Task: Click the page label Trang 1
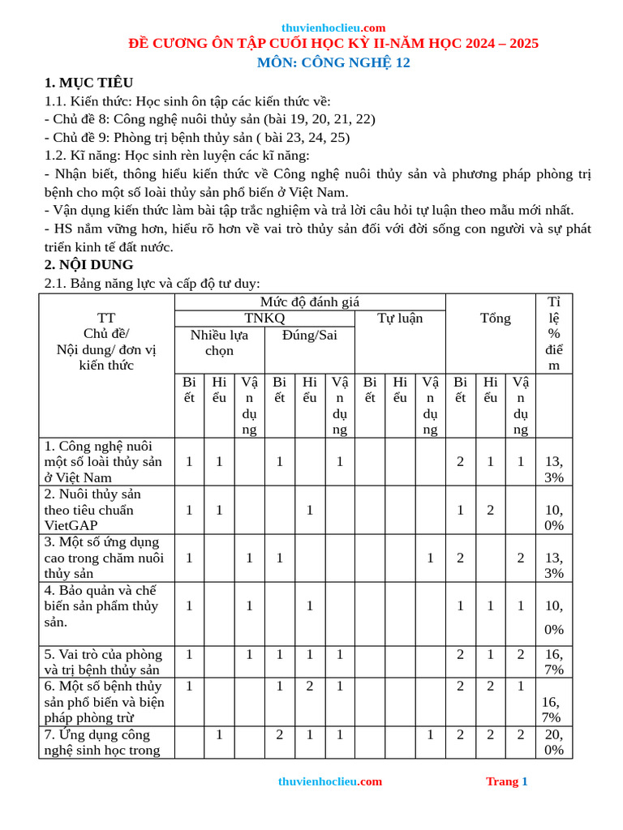(506, 781)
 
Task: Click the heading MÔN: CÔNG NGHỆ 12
(333, 63)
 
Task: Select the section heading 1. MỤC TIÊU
(88, 83)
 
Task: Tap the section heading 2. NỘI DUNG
(88, 264)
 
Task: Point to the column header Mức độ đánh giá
(310, 302)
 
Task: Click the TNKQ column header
(264, 318)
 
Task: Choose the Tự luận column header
(400, 318)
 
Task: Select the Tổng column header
(495, 318)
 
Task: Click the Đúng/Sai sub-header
(309, 335)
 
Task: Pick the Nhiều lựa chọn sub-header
(219, 342)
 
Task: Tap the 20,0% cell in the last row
(554, 742)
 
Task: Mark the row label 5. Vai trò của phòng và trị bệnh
(103, 661)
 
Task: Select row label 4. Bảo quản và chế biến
(101, 605)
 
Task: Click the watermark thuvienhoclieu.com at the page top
(333, 28)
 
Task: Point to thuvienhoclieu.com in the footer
(329, 781)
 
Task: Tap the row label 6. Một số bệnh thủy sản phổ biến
(104, 701)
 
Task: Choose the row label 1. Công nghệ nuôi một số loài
(102, 461)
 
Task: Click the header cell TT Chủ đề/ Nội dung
(106, 341)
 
